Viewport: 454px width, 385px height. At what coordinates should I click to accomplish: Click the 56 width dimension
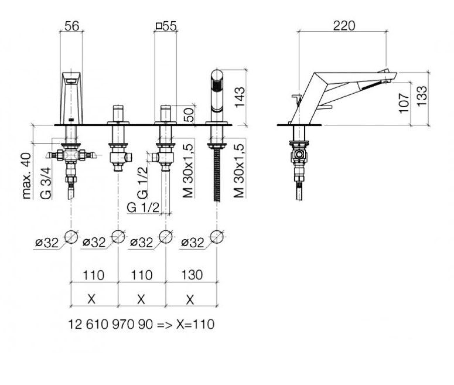click(x=71, y=26)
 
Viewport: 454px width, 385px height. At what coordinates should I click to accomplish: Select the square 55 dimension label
click(x=166, y=26)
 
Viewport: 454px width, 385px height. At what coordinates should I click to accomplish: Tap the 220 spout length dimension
click(x=344, y=26)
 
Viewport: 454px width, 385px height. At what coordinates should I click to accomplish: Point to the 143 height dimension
click(x=240, y=97)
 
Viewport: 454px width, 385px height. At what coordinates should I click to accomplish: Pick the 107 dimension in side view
click(x=404, y=103)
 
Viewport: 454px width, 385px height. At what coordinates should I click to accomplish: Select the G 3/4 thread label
click(x=46, y=183)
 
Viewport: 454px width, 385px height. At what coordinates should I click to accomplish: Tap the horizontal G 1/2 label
click(x=143, y=207)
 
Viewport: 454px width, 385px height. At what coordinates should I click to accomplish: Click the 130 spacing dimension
click(x=192, y=275)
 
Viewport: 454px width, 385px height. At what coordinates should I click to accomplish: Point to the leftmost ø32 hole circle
click(x=71, y=237)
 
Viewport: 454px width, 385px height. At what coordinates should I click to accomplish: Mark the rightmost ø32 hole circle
click(x=217, y=237)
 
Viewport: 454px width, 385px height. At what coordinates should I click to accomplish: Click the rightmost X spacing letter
click(x=190, y=299)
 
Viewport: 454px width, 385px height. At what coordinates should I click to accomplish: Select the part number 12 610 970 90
click(x=110, y=324)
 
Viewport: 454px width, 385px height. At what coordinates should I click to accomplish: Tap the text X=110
click(x=196, y=324)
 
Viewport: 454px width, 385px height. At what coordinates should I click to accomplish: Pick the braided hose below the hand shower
click(x=217, y=175)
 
